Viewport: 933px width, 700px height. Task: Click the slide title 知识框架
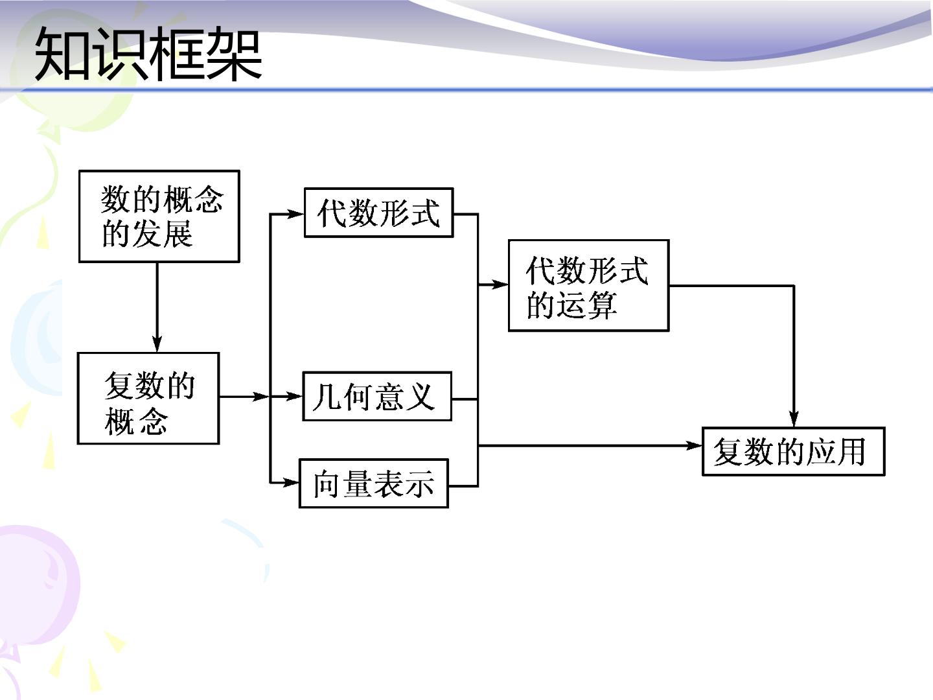click(148, 53)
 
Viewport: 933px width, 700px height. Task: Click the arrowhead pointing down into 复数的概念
click(157, 344)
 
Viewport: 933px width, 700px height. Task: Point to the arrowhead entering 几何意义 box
click(294, 397)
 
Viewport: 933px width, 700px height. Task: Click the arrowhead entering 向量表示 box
click(291, 482)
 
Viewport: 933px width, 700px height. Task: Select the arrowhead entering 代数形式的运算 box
click(500, 284)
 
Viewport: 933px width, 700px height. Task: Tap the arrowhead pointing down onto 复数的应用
click(794, 419)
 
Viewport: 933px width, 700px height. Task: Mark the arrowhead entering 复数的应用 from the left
click(694, 445)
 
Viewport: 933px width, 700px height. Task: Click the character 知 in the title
click(62, 53)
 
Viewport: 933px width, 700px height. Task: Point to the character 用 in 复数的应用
click(852, 452)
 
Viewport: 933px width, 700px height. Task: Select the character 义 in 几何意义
click(420, 397)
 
